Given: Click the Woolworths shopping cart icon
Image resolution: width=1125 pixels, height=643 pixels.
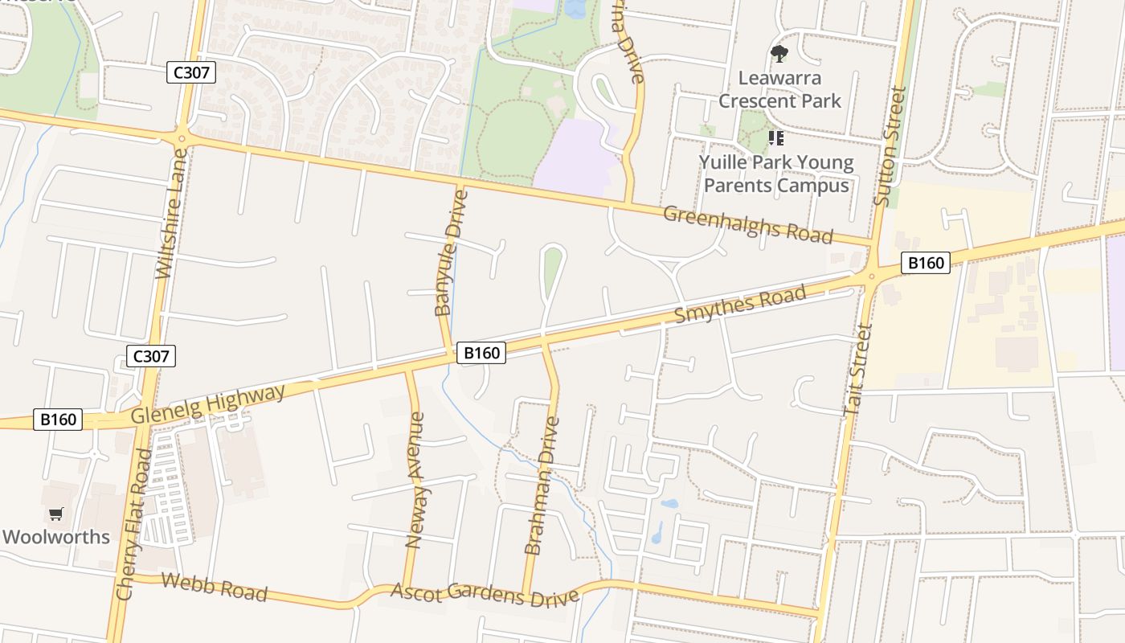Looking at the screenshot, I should point(55,514).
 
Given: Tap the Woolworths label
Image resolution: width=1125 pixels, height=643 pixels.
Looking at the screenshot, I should point(56,537).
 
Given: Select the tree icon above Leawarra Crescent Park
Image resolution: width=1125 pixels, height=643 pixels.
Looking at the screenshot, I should point(779,55).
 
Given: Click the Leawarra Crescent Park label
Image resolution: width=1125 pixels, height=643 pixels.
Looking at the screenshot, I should point(779,90).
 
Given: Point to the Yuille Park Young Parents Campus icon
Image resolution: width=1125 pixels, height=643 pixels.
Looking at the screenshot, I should point(775,138).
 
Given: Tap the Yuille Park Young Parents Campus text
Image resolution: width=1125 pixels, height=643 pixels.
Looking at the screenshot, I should point(775,174).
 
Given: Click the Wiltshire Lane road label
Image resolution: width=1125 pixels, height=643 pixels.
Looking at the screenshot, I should point(172,212).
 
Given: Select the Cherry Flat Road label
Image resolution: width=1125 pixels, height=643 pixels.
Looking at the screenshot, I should point(134,524).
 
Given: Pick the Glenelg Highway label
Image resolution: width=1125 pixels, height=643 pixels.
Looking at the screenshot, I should point(207,404).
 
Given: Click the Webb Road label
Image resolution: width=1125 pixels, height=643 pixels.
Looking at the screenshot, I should point(214,587).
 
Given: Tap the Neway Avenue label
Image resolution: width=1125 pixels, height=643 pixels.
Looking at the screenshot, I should point(415,480).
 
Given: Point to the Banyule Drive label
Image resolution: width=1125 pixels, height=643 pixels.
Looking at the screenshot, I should point(449,253).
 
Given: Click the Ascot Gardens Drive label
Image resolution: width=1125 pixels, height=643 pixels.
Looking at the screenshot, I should point(485,595).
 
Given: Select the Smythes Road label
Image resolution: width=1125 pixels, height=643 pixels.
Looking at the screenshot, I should point(739,305).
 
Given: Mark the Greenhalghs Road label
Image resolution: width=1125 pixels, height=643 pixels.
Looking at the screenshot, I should point(747,224).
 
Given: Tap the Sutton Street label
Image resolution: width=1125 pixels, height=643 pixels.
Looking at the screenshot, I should point(890,146).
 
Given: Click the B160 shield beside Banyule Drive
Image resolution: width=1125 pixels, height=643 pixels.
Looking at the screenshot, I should point(481,353).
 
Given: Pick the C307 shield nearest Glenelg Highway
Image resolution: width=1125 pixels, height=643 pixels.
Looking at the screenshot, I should point(150,355).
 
